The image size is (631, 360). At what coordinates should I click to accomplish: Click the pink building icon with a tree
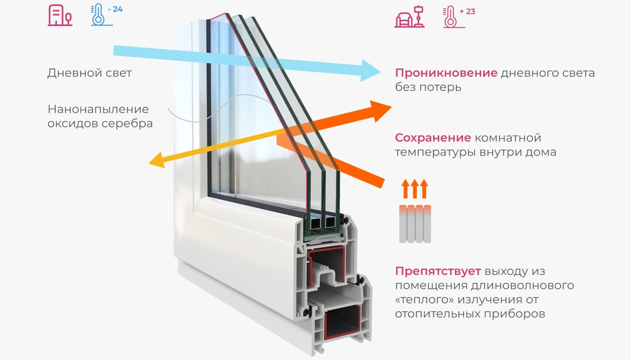[x=60, y=16]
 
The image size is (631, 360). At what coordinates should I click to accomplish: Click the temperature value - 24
[x=115, y=9]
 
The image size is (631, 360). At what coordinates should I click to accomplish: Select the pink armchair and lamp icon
[x=409, y=17]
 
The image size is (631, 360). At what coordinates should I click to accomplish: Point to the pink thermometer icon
[x=452, y=18]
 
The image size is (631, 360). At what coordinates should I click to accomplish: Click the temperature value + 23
[x=467, y=12]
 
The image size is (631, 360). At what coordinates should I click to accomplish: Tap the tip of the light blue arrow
[x=381, y=71]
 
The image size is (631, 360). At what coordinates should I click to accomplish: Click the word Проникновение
[x=446, y=73]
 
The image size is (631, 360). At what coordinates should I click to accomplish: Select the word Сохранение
[x=433, y=138]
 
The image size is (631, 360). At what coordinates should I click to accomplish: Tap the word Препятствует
[x=438, y=271]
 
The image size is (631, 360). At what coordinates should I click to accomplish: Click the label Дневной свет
[x=90, y=73]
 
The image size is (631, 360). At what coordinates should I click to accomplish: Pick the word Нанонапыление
[x=98, y=109]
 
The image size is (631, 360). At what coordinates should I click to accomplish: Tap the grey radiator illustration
[x=415, y=224]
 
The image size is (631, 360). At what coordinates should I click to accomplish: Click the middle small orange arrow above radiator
[x=415, y=188]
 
